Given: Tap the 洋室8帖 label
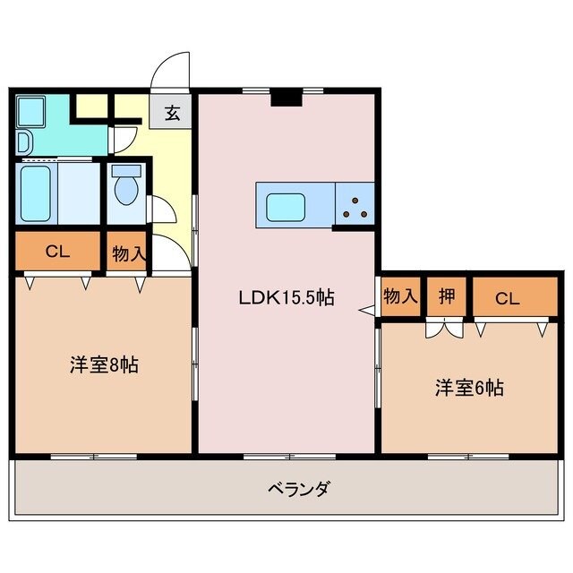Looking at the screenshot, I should (x=105, y=365).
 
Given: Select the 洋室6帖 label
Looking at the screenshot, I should (x=469, y=388).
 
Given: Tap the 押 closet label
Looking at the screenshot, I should (x=446, y=297).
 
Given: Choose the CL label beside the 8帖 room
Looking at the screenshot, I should (x=57, y=252).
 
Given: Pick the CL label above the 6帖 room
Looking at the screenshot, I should (x=507, y=298).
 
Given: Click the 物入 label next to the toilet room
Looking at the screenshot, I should (x=128, y=254).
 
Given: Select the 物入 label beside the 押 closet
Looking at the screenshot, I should (x=400, y=296).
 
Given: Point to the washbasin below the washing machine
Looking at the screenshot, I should (x=23, y=141).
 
